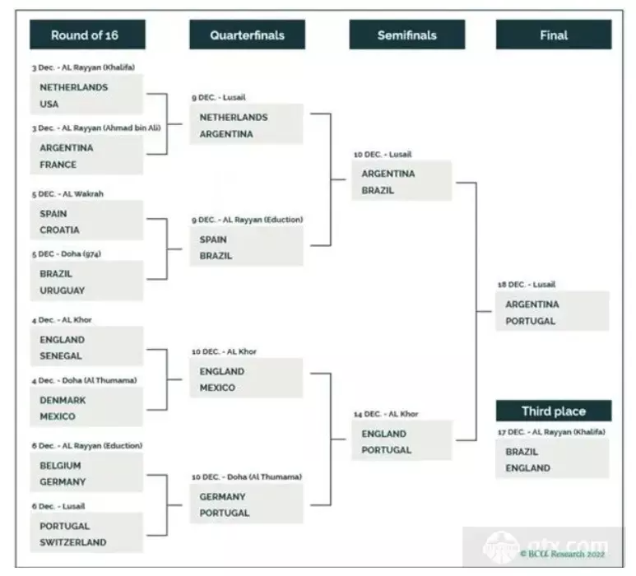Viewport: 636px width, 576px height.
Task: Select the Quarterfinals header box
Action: tap(247, 35)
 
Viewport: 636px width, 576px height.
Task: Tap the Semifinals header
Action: tap(406, 35)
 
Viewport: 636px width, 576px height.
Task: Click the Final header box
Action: tap(553, 35)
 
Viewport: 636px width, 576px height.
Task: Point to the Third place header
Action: tap(553, 411)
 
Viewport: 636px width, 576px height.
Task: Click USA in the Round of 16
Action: tap(49, 105)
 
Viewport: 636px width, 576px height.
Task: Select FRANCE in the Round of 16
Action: tap(58, 165)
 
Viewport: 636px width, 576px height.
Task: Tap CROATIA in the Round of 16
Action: tap(59, 230)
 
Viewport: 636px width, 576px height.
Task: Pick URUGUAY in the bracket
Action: tap(62, 290)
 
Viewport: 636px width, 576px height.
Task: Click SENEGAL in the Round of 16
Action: tap(61, 355)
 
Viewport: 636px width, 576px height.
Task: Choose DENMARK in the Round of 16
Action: tap(63, 400)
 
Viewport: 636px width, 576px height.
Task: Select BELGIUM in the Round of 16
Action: tap(60, 465)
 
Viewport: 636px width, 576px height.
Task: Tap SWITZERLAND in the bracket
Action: tap(72, 542)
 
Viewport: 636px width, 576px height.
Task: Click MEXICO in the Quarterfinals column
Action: tap(217, 388)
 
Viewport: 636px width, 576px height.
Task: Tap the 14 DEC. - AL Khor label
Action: tap(392, 414)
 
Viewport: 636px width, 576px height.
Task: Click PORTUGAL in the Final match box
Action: tap(531, 321)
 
